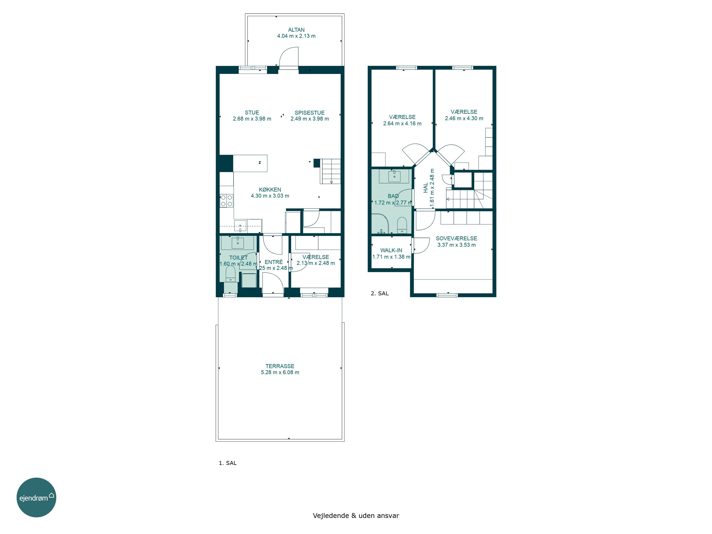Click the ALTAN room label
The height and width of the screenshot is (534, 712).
click(x=296, y=30)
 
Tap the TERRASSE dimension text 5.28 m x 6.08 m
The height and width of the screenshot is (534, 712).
click(x=280, y=372)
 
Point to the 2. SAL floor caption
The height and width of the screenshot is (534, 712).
click(x=379, y=294)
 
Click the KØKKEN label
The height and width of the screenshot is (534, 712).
click(x=270, y=190)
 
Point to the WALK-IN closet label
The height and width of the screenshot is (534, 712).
click(x=391, y=250)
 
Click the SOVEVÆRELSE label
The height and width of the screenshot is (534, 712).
click(x=456, y=239)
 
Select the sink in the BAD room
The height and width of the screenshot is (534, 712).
click(x=394, y=176)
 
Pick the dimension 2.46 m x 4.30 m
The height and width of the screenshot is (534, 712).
click(x=464, y=118)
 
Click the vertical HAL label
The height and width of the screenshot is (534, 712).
click(x=426, y=188)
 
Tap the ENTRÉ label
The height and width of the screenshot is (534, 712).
click(x=274, y=262)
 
